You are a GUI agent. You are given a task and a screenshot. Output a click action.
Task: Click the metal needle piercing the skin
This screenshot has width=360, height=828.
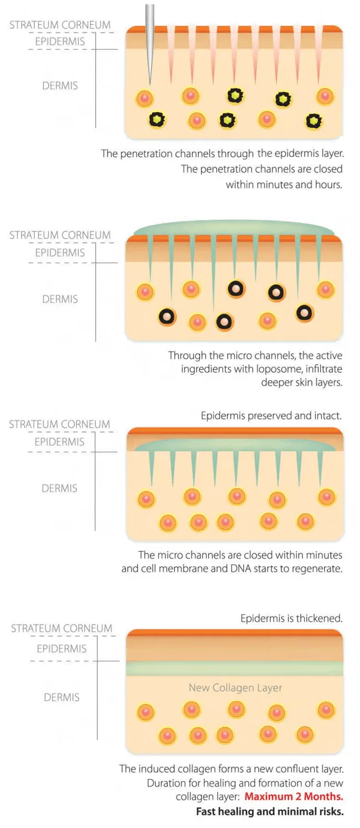point(149,39)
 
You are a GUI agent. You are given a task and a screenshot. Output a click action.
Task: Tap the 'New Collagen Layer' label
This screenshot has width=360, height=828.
point(235,688)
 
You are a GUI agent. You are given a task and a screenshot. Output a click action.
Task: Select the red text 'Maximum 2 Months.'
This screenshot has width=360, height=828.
point(294,797)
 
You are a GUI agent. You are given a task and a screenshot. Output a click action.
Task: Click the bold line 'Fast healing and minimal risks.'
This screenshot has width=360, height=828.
point(270,812)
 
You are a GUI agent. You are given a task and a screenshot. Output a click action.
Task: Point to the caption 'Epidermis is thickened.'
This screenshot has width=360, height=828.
point(291,618)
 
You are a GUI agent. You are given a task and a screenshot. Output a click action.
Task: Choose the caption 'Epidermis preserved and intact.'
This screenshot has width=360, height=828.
point(272,415)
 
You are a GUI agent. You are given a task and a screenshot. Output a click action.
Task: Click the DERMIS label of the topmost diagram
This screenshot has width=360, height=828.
point(60,86)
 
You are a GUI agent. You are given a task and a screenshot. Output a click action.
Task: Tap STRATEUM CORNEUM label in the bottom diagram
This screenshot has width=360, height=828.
point(61,628)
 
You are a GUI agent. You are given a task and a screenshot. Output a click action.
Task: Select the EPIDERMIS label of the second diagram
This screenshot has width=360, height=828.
point(60,253)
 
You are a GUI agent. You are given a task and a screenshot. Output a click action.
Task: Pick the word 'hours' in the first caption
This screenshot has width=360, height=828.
point(327,185)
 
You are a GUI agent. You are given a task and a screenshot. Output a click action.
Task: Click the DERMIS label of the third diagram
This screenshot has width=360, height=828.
point(59,488)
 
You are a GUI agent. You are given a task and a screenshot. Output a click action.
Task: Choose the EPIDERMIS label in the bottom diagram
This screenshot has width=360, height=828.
point(61,649)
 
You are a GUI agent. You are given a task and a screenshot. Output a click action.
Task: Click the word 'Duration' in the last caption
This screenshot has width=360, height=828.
point(165,783)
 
